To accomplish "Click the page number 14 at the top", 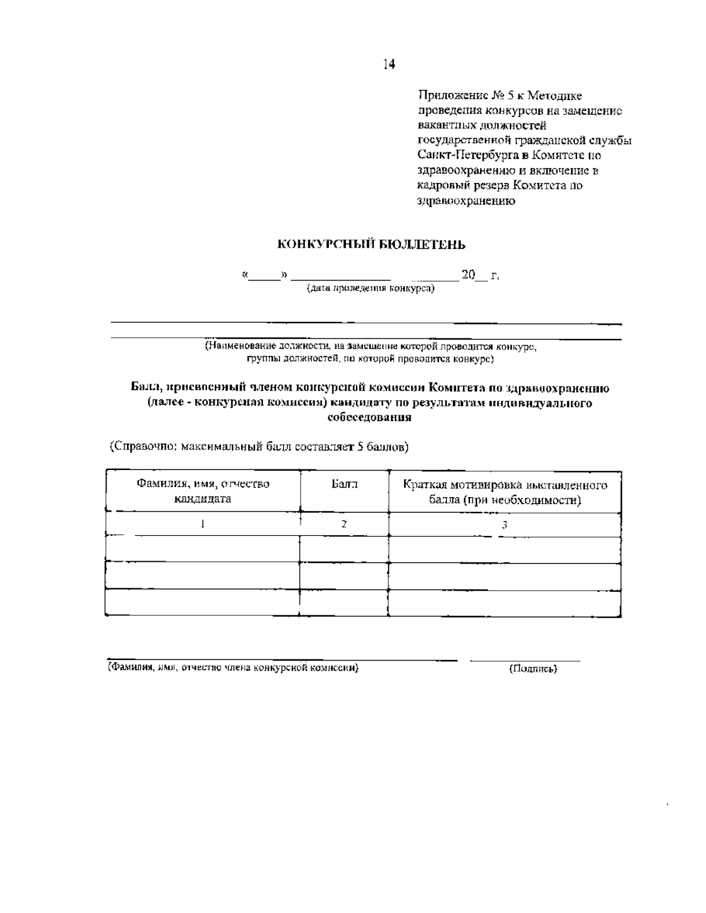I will click(389, 64).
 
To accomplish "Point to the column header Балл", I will click(344, 485).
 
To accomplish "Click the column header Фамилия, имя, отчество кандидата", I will click(203, 491).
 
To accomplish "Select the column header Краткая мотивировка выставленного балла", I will click(505, 492).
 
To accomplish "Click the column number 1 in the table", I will click(202, 524).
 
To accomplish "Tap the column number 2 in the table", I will click(344, 524).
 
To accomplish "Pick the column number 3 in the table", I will click(504, 525).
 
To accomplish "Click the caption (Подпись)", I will click(533, 668).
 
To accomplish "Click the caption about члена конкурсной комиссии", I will click(233, 668).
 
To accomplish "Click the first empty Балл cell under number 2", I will click(344, 549).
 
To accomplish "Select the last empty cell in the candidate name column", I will click(202, 602).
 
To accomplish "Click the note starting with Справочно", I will click(259, 446).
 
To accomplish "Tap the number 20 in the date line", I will click(468, 275).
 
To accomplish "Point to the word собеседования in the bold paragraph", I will click(369, 418).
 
